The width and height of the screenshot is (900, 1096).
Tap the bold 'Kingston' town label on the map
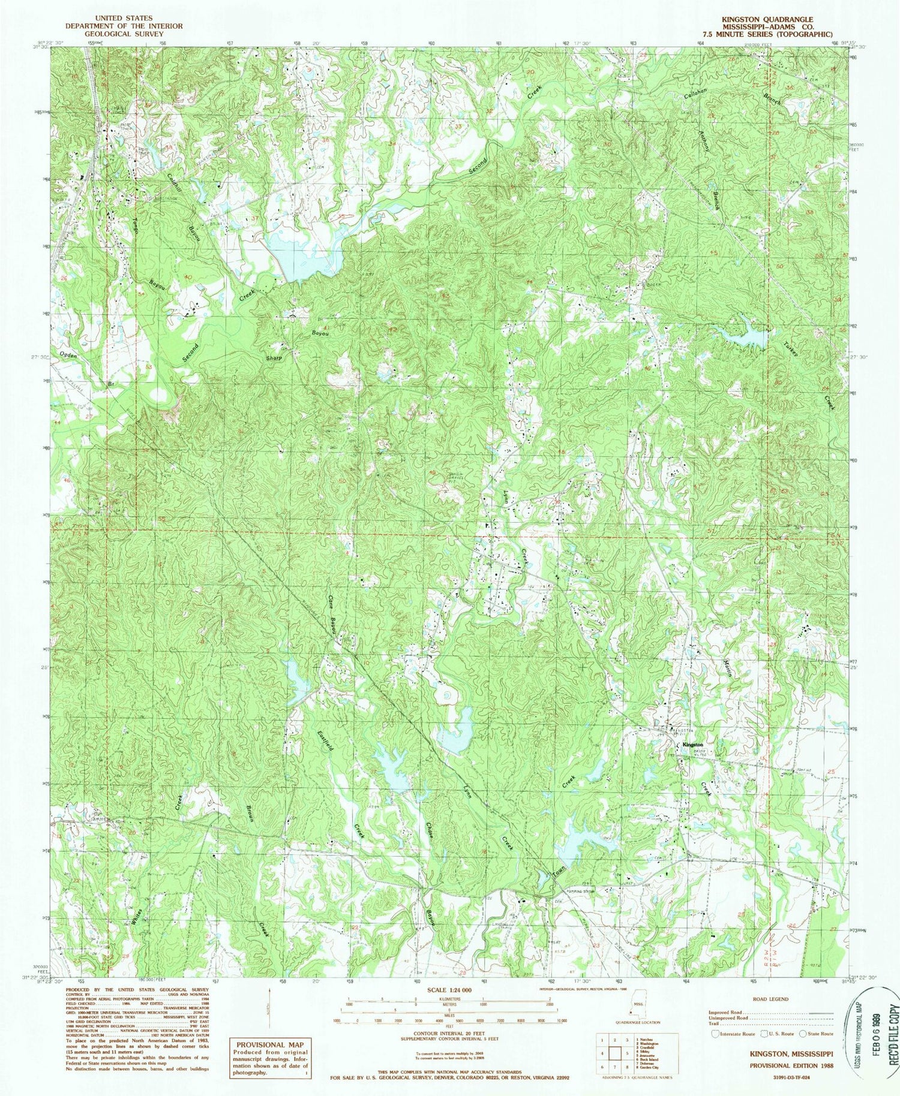[694, 745]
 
